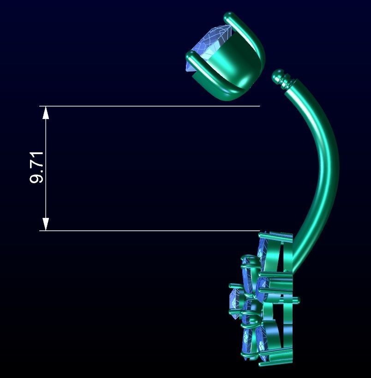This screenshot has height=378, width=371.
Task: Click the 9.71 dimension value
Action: click(36, 167)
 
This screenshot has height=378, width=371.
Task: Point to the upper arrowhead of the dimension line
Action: click(46, 112)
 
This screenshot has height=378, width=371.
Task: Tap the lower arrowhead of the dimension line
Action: click(46, 224)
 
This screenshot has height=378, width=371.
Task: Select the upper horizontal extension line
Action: click(152, 106)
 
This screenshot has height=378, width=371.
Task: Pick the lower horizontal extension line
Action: click(152, 230)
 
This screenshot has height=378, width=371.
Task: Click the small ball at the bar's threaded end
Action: click(278, 74)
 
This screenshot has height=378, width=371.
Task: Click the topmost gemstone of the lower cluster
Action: click(262, 247)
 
